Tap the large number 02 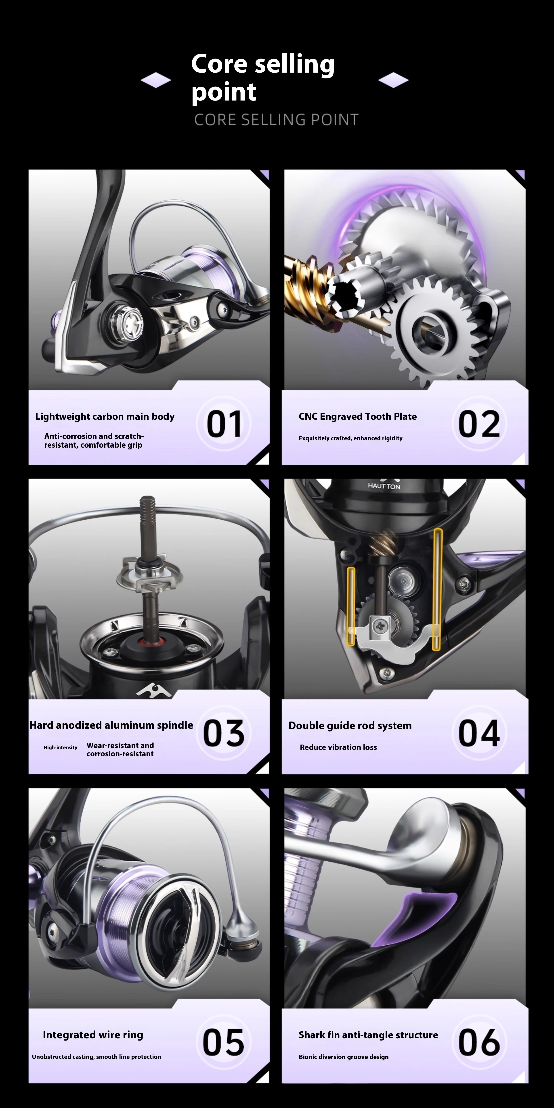479,424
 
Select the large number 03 224,733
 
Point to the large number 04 479,733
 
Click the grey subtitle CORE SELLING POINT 276,120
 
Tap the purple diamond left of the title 156,80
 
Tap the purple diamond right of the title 393,80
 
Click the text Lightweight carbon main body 105,416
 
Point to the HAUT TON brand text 384,486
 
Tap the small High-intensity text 60,747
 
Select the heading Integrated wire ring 93,1035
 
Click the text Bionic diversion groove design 344,1057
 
